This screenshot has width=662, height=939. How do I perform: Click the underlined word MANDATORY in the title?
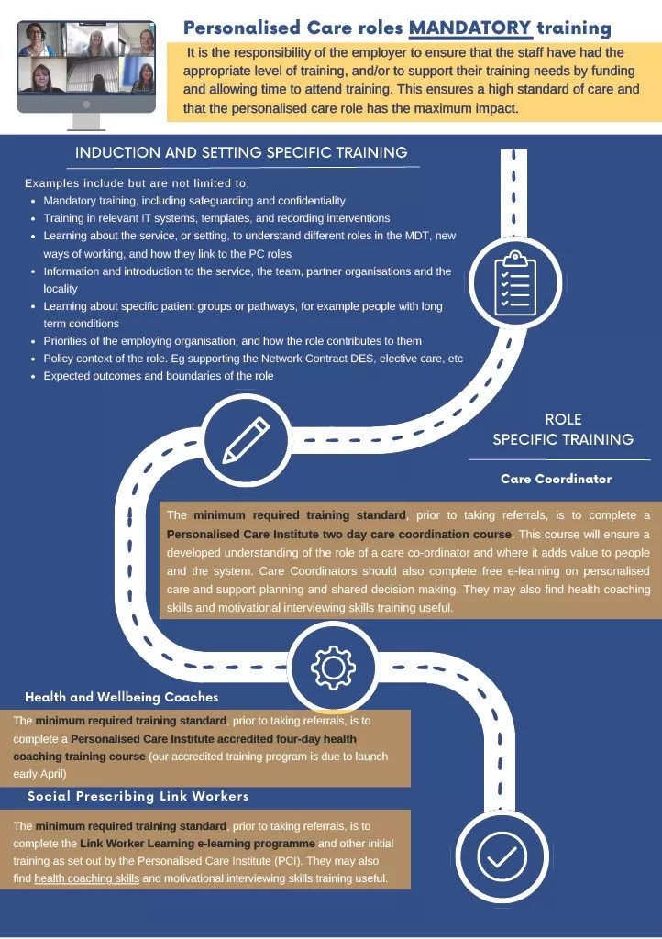tap(469, 28)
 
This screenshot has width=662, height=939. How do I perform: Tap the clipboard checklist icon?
tap(514, 283)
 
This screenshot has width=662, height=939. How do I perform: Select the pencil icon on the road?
tap(246, 440)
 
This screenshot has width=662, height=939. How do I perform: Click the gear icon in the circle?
tap(334, 667)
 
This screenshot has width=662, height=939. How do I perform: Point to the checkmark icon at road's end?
tap(502, 857)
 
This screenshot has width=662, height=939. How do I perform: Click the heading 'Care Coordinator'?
tap(556, 479)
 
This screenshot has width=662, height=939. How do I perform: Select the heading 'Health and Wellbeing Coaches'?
tap(122, 697)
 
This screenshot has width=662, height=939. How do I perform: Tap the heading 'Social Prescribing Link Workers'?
tap(138, 796)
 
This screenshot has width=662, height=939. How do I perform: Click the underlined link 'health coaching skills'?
tap(87, 878)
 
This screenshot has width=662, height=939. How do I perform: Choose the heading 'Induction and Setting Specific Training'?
tap(241, 152)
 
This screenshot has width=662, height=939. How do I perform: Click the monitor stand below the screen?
tap(86, 122)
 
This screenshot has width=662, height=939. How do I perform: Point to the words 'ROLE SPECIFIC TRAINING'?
tap(563, 429)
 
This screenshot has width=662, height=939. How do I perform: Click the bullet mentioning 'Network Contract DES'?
tap(253, 359)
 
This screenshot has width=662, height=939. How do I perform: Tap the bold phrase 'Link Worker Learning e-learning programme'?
tap(197, 844)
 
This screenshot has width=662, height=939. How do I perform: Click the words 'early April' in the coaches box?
tap(39, 774)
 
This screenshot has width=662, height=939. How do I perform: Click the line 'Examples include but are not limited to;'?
tap(137, 183)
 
